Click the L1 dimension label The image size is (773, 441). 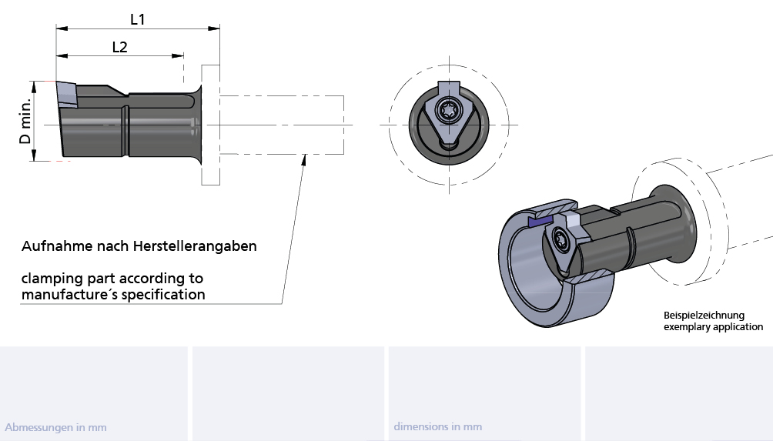point(138,20)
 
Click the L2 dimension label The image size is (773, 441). point(119,47)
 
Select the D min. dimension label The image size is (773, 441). point(26,122)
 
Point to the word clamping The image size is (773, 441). point(52,278)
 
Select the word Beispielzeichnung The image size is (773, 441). point(704,316)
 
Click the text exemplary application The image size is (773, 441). point(713,327)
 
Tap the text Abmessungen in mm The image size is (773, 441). point(55,427)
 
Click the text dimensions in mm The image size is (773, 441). point(437,426)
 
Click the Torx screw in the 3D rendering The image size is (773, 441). point(561,242)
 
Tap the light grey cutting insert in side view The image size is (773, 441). point(66,95)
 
